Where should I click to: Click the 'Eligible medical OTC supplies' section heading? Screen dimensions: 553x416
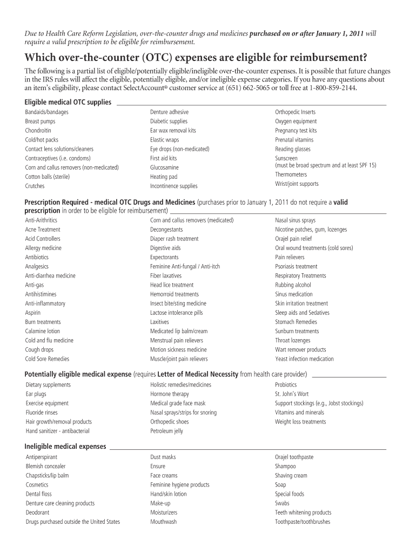pos(68,102)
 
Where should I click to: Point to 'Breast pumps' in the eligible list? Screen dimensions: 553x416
pos(40,122)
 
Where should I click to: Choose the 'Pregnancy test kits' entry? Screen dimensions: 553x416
pos(296,131)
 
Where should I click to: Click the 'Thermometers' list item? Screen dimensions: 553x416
pos(291,174)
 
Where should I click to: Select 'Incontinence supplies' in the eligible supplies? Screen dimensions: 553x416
pos(173,186)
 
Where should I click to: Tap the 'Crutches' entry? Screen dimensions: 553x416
pos(35,186)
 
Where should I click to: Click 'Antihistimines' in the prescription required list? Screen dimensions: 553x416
pos(40,294)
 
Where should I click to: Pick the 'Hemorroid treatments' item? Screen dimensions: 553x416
pos(174,294)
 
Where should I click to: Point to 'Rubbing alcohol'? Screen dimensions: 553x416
pos(293,285)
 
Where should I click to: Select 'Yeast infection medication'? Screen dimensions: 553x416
pos(304,359)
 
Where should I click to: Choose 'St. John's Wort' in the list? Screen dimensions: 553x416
pos(292,394)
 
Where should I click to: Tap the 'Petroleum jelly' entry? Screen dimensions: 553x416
pos(166,431)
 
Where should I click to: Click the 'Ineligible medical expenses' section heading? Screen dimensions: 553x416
pos(65,447)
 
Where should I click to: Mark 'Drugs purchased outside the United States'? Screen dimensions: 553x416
pos(73,522)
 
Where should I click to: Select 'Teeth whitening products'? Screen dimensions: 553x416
pos(303,512)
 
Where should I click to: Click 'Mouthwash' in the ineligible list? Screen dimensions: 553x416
pos(163,522)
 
